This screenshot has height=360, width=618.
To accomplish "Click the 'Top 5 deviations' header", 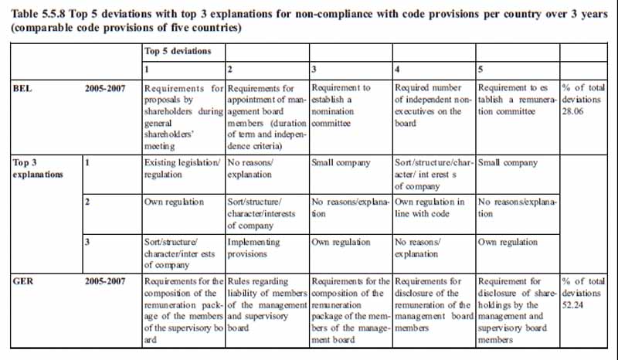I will click(x=178, y=51).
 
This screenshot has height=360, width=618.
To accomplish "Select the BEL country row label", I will click(x=23, y=89).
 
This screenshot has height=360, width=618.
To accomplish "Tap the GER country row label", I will click(x=23, y=282).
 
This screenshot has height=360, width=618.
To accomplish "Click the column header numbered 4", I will click(x=398, y=70).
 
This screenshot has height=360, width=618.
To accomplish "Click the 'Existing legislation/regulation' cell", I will click(x=183, y=169).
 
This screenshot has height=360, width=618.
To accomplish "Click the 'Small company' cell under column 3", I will click(x=341, y=164).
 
